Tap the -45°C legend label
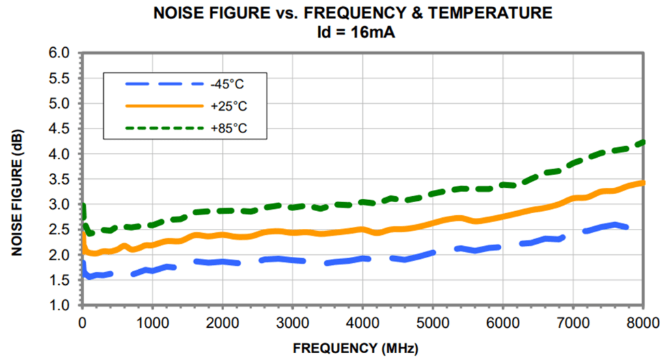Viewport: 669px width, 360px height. [228, 84]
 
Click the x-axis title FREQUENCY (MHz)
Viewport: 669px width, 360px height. [355, 347]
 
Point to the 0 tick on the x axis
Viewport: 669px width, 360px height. [82, 322]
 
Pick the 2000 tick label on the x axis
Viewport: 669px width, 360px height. [222, 322]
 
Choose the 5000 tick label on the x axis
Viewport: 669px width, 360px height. [433, 322]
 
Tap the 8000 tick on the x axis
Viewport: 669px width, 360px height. [642, 322]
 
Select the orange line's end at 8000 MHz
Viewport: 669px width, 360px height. [642, 182]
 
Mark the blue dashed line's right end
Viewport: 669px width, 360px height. [626, 227]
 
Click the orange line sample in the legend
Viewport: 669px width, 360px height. [164, 106]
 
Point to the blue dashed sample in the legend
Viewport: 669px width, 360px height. [164, 84]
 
